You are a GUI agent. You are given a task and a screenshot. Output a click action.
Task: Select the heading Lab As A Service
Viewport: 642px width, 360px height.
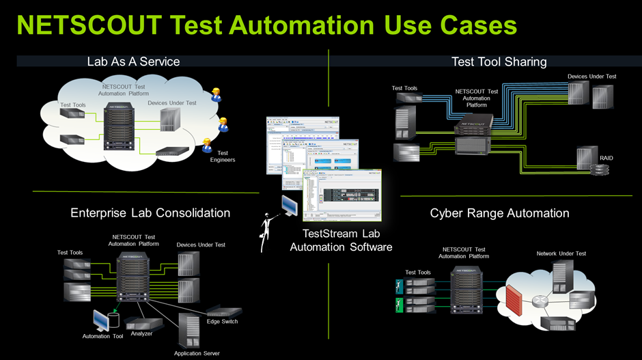coord(133,61)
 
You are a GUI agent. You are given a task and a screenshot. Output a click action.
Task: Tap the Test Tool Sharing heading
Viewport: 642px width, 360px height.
coord(499,61)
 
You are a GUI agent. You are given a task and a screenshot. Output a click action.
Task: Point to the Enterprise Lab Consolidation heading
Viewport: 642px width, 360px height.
coord(150,213)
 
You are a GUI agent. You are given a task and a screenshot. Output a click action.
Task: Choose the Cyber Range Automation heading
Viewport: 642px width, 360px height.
coord(499,213)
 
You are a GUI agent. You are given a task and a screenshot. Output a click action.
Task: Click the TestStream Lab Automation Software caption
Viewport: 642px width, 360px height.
coord(341,240)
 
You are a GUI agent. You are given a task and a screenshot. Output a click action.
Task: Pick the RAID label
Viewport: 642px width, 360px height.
coord(606,158)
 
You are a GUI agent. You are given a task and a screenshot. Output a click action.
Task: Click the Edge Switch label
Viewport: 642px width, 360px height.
coord(222,321)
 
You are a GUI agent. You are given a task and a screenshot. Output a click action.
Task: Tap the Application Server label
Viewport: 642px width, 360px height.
coord(197,353)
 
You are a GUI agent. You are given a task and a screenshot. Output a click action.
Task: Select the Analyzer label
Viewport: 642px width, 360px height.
coord(141,333)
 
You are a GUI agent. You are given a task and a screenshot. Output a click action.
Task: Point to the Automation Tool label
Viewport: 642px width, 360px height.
coord(102,336)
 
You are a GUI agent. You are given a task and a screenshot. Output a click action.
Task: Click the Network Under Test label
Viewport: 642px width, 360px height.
coord(561,253)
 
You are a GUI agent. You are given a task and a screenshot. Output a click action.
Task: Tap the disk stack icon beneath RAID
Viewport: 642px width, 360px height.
coord(599,170)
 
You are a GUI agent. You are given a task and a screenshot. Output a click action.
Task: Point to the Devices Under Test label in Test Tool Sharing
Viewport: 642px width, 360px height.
coord(591,77)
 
